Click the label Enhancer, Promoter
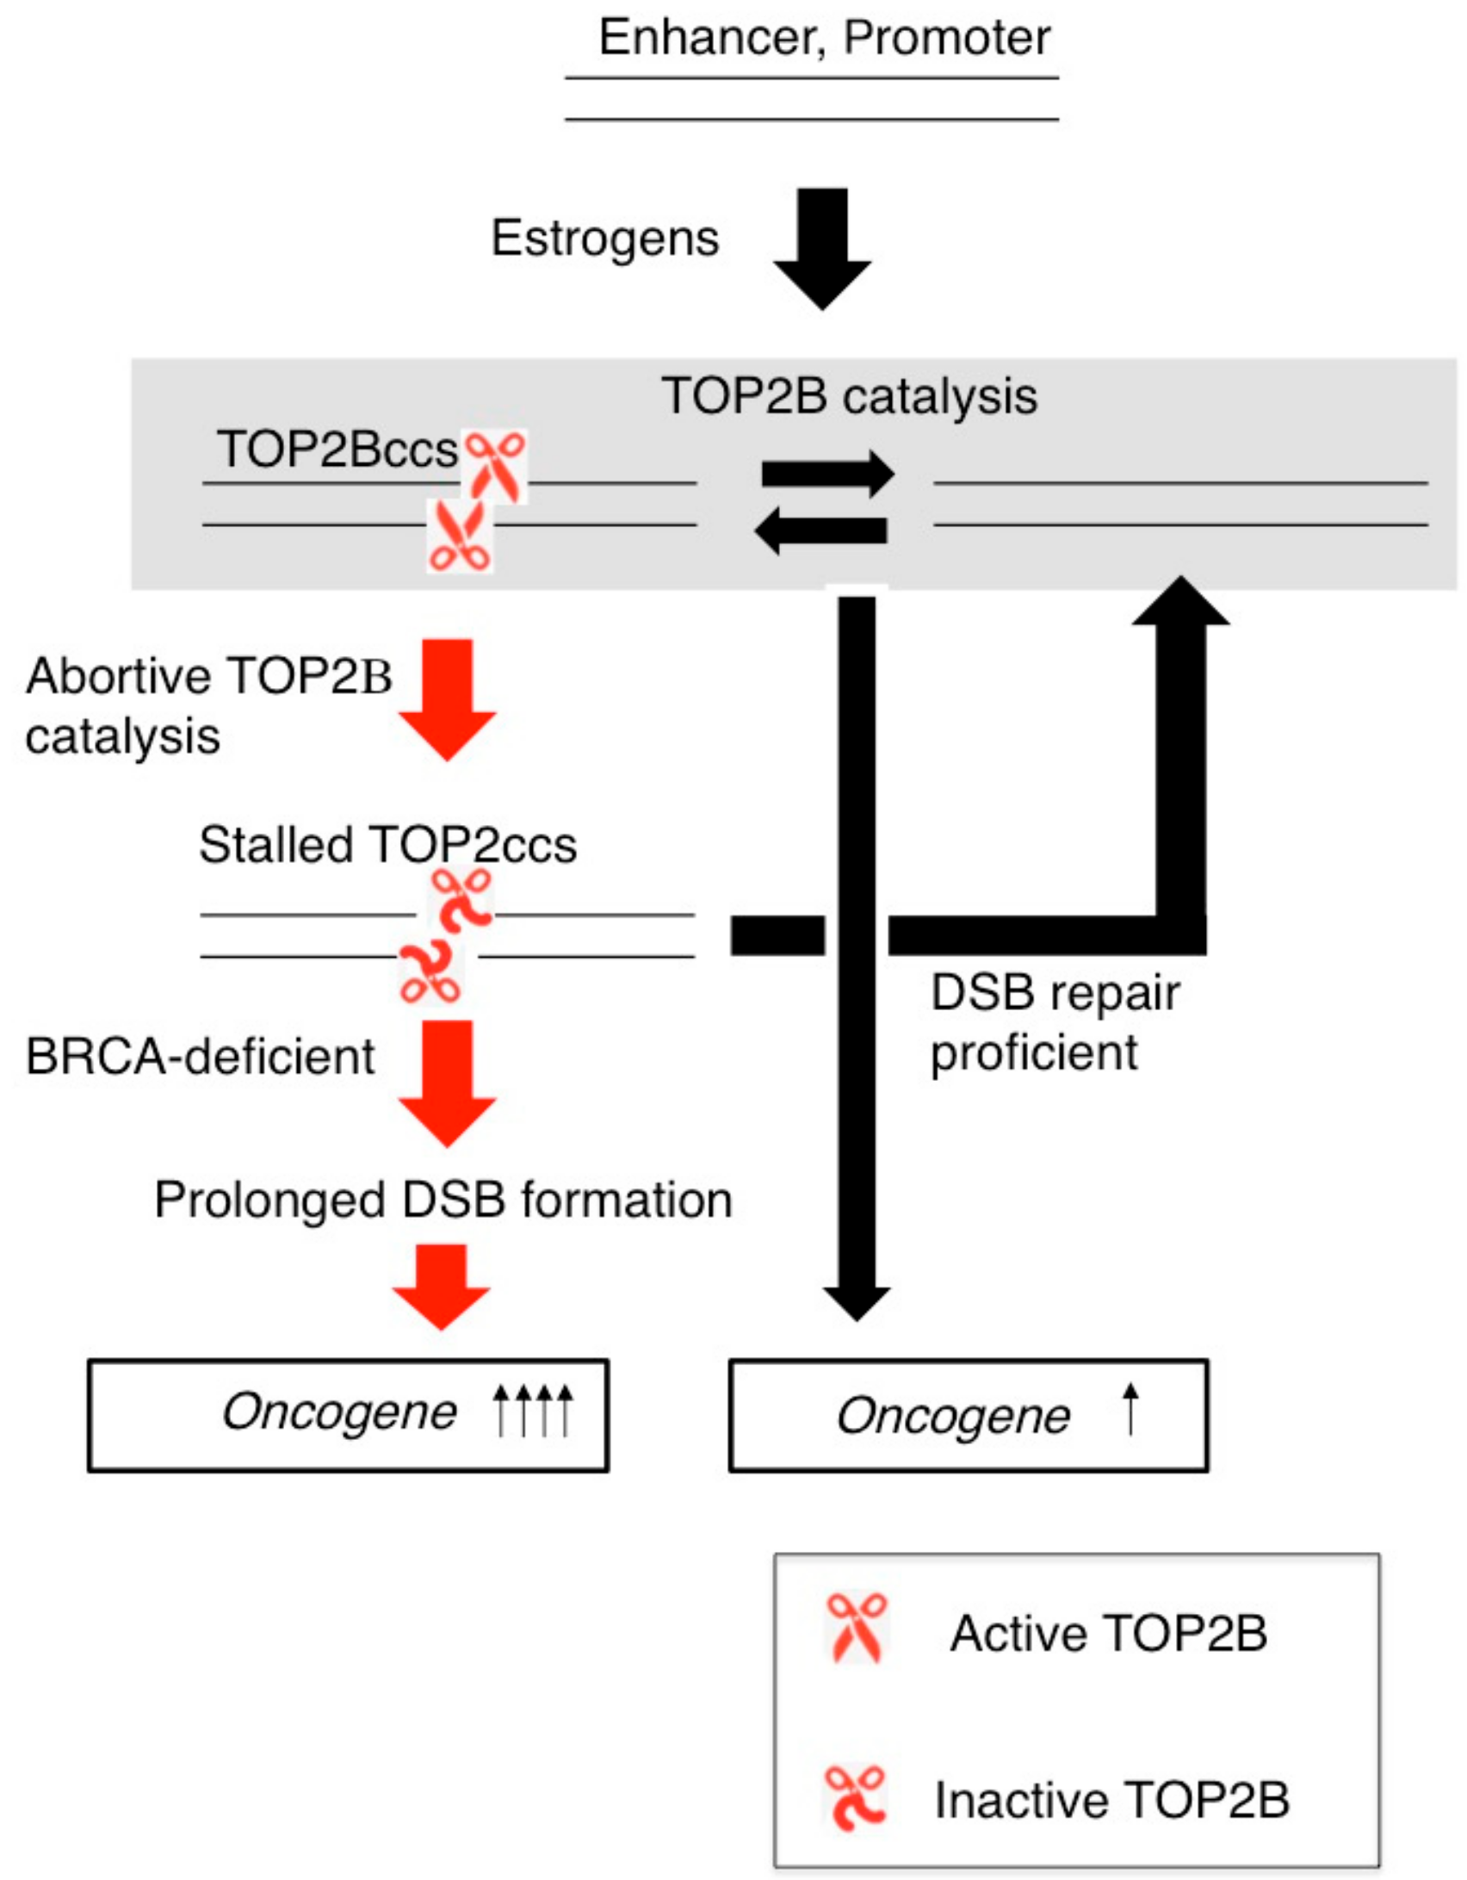click(824, 38)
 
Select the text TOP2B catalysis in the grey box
click(849, 396)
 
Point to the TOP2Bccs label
click(337, 450)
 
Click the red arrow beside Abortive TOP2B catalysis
click(447, 698)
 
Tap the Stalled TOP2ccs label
click(387, 845)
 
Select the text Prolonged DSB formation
click(443, 1200)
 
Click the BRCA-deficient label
click(200, 1057)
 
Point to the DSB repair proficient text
click(1054, 1022)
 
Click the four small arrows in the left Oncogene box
click(532, 1411)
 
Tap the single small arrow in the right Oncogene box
click(1130, 1409)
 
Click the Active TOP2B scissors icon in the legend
click(856, 1628)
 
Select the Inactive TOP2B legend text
click(1111, 1800)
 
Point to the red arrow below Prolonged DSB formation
click(441, 1287)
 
